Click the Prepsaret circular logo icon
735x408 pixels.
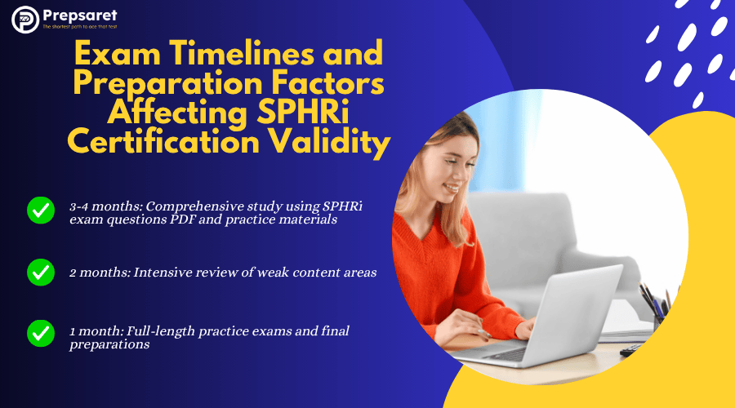(25, 20)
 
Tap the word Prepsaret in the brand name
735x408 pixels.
(80, 16)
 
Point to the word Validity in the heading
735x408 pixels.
(329, 143)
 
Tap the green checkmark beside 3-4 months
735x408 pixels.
(41, 211)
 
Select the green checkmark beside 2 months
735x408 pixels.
(41, 273)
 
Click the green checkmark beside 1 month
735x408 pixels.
(41, 333)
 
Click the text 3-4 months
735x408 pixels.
(106, 206)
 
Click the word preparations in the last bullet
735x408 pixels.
(109, 345)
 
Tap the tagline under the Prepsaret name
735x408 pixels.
(80, 27)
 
